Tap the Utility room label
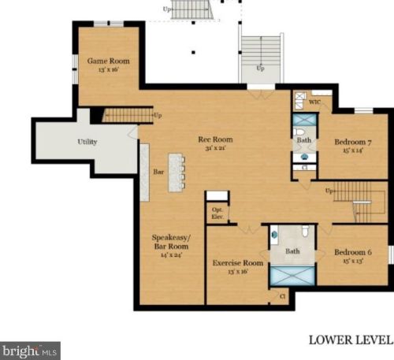click(87, 143)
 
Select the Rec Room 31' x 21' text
click(215, 143)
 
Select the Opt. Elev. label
click(217, 213)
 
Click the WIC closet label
click(314, 102)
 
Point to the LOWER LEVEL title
click(350, 340)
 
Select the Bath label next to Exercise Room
click(292, 252)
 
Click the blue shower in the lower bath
click(292, 278)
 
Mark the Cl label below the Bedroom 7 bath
click(304, 168)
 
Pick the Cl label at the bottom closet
click(283, 296)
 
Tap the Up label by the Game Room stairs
click(158, 116)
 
